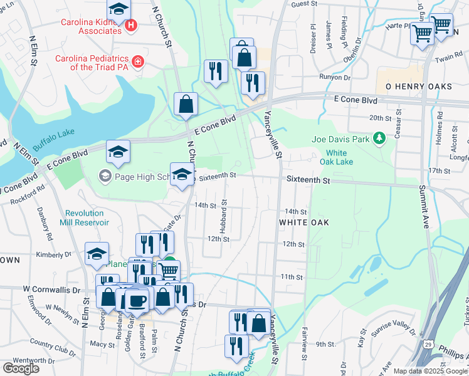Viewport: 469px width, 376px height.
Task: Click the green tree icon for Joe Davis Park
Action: coord(379,138)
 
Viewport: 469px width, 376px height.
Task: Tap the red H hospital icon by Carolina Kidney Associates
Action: coord(131,26)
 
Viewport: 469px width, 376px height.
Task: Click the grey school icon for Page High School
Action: coord(104,177)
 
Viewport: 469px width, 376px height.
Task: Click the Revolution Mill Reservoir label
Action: coord(84,217)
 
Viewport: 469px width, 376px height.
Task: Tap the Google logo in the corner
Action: coord(21,368)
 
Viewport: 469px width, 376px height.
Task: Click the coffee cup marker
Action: coord(137,300)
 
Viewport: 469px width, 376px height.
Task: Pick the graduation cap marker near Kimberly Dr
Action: coord(97,254)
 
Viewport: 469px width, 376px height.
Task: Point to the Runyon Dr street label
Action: coord(334,77)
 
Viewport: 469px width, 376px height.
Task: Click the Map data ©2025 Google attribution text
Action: coord(429,371)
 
